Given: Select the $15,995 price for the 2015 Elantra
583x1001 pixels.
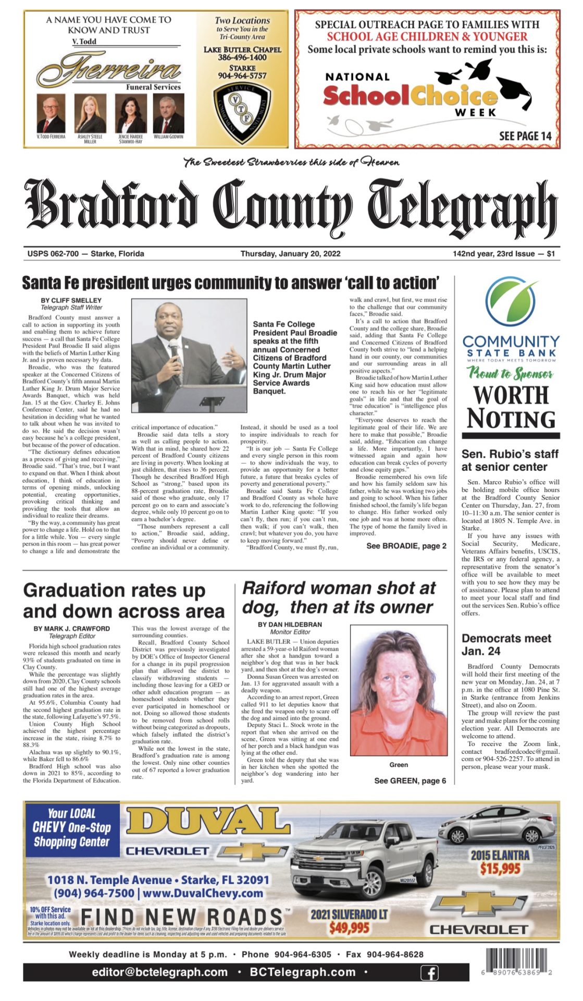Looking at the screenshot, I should coord(500,868).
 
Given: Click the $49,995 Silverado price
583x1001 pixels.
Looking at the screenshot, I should coord(349,928).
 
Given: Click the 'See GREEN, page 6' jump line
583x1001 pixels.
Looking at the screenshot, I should coord(410,780).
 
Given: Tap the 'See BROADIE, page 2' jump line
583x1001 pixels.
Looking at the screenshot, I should coord(406,546).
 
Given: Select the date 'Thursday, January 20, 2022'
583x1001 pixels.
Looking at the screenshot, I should coord(290,254).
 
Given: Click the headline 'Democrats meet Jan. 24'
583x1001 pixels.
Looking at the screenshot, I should coord(506,644).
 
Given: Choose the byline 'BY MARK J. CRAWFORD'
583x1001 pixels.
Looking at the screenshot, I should coord(72,628).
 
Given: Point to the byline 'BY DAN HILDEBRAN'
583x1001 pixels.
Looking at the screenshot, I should coord(290,624).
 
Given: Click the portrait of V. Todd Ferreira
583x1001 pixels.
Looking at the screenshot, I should coord(51,113).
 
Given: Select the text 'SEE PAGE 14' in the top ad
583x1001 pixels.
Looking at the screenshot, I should coord(525,136).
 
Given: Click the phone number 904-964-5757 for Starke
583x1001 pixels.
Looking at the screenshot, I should coord(242,76).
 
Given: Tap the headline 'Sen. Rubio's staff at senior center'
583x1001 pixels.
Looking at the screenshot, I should coord(510,460).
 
